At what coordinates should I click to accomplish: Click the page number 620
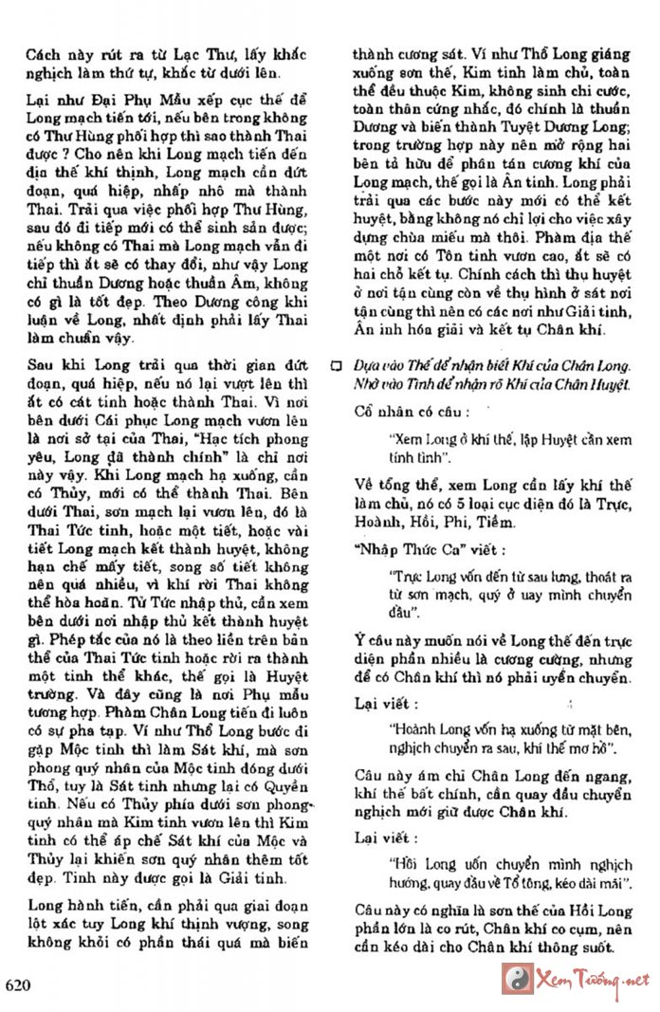(19, 984)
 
